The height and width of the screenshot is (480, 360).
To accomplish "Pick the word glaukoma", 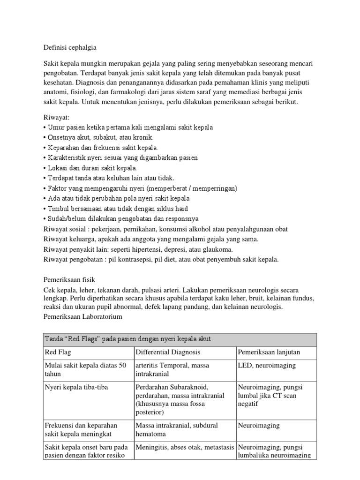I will [x=216, y=249].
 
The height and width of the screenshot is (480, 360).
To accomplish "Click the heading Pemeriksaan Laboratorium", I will [x=82, y=317].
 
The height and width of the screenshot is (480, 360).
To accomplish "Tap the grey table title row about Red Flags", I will [x=180, y=339].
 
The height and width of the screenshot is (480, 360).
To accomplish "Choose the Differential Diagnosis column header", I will [x=167, y=352].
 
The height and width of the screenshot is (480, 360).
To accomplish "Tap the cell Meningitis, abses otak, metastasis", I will [x=184, y=447].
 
